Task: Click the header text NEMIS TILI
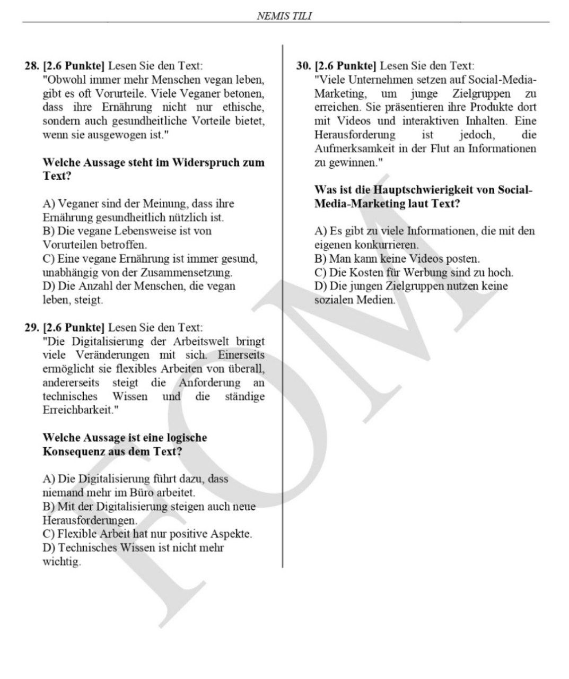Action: (x=284, y=16)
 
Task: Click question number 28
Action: (x=32, y=66)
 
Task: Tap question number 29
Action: (x=32, y=328)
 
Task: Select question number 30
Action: (x=303, y=66)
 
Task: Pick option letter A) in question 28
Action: (x=48, y=204)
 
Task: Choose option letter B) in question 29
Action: (x=48, y=507)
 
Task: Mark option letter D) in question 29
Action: (x=48, y=547)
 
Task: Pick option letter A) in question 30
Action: (x=320, y=231)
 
